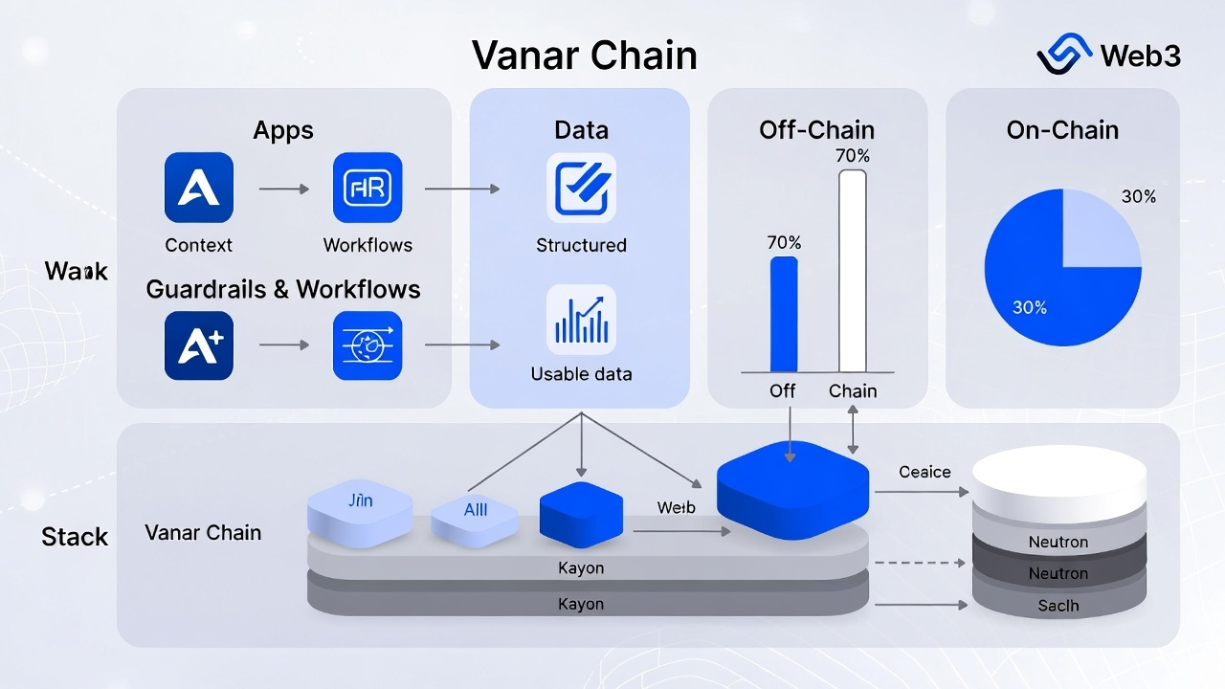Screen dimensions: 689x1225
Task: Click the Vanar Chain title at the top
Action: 584,56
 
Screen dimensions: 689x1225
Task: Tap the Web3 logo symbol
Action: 1065,55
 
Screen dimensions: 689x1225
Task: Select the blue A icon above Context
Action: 199,188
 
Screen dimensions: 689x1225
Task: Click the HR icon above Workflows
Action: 367,188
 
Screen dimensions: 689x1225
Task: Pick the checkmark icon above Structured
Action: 581,188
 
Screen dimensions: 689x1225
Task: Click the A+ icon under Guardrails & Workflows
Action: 199,345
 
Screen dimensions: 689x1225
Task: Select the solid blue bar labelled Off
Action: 784,314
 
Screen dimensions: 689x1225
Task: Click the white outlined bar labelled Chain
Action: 852,271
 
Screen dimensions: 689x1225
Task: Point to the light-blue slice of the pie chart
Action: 1101,228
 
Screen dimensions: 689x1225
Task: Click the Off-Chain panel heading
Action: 816,130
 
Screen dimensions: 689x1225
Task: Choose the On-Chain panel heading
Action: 1062,130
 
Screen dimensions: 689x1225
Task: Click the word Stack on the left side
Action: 75,537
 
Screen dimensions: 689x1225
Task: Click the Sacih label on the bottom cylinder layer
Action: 1058,605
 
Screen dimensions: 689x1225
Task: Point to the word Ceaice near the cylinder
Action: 924,472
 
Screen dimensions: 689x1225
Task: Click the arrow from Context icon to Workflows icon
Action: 283,189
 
